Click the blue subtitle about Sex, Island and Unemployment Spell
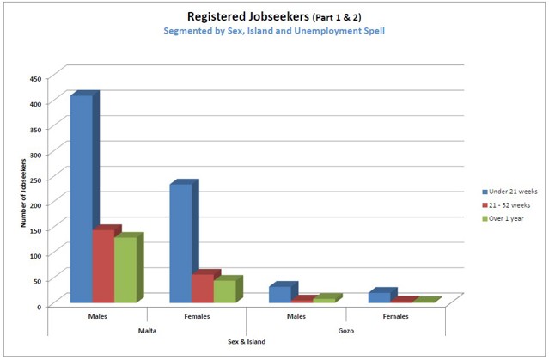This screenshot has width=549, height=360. pos(275,31)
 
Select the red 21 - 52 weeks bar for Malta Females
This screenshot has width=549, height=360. pos(203,288)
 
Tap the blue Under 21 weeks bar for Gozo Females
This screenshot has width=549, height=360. pos(379,297)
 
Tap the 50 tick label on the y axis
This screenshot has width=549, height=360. pos(37,280)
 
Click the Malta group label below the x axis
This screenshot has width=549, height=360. pos(147,329)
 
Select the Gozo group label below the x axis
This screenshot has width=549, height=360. pos(345,329)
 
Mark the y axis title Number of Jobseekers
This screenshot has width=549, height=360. pos(24,191)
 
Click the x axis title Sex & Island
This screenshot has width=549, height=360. pos(246,342)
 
